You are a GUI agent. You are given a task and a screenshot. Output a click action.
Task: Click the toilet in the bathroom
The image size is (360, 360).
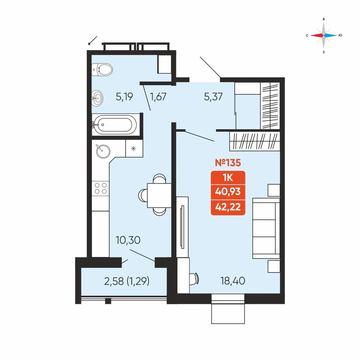(x=102, y=69)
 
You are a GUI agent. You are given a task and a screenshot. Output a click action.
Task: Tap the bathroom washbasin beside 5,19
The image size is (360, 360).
(x=97, y=98)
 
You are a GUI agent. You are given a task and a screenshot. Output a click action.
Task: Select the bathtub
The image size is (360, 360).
(x=114, y=125)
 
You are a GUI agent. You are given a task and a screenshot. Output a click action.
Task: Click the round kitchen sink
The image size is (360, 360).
(x=103, y=151)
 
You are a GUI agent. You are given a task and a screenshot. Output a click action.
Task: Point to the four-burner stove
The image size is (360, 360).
(x=100, y=188)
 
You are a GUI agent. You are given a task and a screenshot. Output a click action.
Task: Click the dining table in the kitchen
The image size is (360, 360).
(x=159, y=195)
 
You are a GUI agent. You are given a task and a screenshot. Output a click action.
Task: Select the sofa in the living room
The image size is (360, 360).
(x=266, y=228)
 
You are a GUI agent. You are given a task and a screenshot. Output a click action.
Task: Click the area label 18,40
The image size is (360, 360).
(x=233, y=280)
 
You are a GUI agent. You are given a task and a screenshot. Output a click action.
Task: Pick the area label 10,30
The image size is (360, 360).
(x=128, y=240)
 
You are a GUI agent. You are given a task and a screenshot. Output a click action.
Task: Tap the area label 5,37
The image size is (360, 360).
(x=213, y=96)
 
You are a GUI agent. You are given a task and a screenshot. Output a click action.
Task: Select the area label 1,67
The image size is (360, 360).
(x=158, y=96)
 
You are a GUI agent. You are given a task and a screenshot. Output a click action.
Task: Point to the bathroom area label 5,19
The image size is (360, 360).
(x=125, y=96)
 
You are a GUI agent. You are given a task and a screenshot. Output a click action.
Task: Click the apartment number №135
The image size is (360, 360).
(x=228, y=163)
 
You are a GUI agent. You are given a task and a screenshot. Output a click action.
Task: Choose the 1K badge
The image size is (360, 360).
(x=228, y=178)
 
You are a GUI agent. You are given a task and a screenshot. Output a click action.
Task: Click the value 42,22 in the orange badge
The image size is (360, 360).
(x=228, y=207)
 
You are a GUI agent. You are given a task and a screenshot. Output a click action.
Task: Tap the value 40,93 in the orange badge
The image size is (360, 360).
(x=228, y=192)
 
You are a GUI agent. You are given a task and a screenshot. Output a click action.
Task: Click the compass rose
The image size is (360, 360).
(x=324, y=35)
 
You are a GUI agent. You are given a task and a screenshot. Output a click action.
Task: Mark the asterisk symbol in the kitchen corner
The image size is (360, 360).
(x=134, y=149)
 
